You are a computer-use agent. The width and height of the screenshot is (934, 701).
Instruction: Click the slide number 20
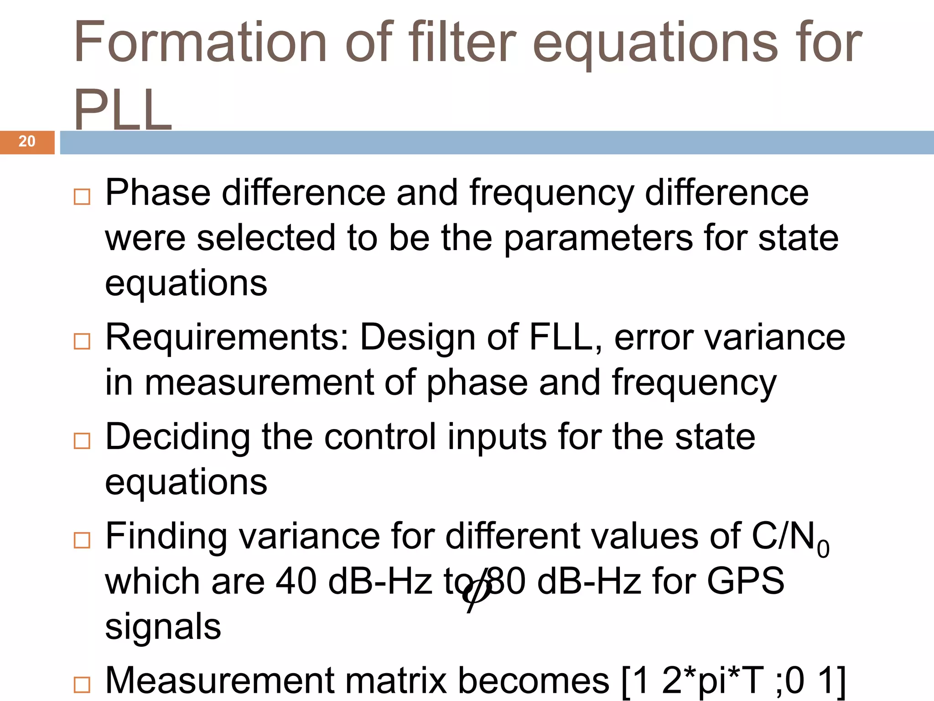pos(27,141)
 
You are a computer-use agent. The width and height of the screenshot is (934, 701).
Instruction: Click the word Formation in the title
pos(200,42)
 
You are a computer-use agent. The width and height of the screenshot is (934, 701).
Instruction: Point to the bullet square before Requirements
pos(82,341)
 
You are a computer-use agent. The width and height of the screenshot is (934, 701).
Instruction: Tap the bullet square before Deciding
pos(82,440)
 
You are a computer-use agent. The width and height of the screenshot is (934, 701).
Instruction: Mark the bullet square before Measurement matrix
pos(82,685)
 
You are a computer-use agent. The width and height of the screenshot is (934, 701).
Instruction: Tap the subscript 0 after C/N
pos(823,549)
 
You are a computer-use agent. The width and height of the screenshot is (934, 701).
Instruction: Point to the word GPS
pos(745,581)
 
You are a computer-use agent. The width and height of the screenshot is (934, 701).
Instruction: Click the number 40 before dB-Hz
pos(296,581)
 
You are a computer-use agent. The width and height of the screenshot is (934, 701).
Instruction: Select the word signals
pos(163,627)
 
